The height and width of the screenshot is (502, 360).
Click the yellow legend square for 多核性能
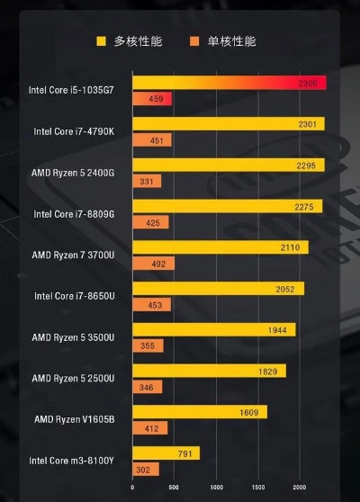click(102, 41)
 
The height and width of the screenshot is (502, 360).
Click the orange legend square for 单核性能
click(193, 41)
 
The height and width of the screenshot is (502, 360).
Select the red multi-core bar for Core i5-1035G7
click(229, 83)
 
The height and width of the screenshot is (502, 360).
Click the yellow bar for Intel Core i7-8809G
click(227, 207)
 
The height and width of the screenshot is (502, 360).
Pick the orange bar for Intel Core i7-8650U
click(151, 305)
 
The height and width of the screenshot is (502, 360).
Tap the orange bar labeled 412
click(149, 428)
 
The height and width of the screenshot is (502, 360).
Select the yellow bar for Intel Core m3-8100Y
click(166, 453)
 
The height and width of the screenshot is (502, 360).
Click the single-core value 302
click(143, 470)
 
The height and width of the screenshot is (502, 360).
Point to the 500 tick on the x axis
click(174, 488)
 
